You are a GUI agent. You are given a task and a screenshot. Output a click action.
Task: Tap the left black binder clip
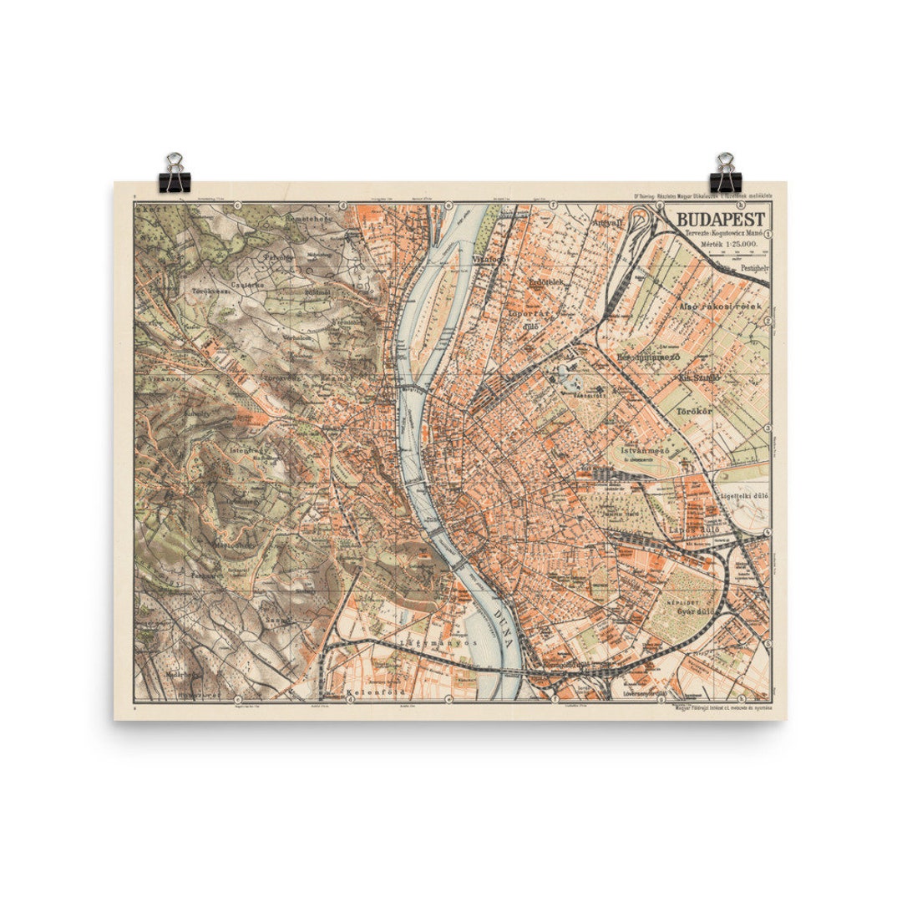coord(175,173)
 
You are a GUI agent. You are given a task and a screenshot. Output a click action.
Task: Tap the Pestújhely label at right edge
coord(750,269)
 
